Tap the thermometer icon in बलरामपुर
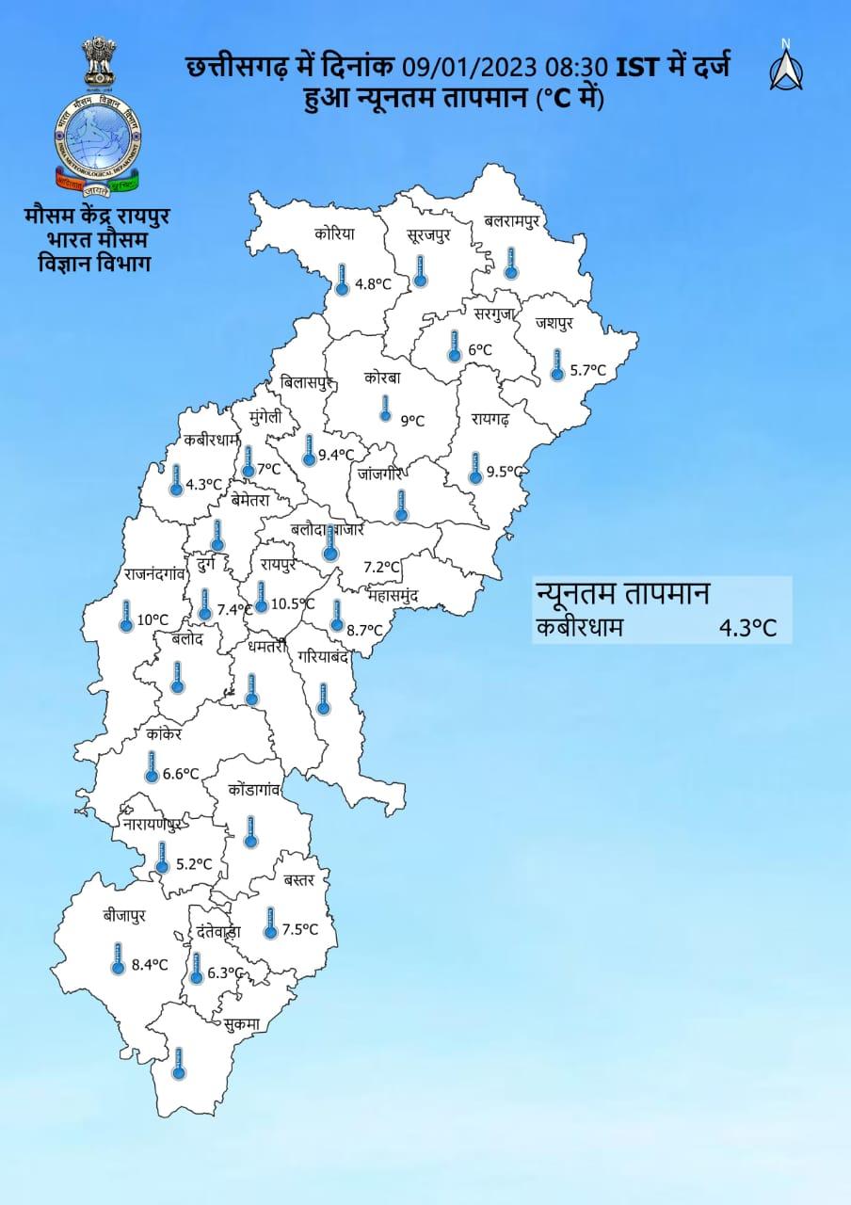click(x=510, y=263)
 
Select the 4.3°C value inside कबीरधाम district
click(x=202, y=485)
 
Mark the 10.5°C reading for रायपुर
click(x=292, y=603)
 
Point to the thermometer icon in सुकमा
click(x=179, y=1063)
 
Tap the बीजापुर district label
click(x=125, y=915)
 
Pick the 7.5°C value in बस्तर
click(x=299, y=930)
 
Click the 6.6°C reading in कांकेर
click(x=181, y=774)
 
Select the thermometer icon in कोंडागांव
click(x=250, y=832)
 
